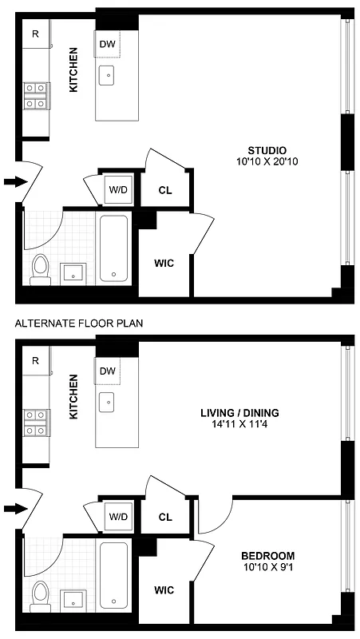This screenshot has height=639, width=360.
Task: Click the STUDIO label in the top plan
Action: point(267,150)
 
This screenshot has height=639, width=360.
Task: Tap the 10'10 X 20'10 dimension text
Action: point(267,161)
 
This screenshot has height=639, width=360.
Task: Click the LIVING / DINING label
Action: point(239,413)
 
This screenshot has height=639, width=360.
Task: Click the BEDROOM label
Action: point(267,556)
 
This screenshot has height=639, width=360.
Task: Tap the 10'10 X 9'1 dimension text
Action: point(267,568)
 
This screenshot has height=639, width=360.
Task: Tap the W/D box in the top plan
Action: point(118,190)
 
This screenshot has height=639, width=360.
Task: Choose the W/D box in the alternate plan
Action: point(118,516)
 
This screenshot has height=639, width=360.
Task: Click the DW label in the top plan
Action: point(107,44)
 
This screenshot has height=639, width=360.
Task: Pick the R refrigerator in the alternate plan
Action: point(35,360)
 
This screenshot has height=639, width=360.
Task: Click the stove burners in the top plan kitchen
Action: point(35,95)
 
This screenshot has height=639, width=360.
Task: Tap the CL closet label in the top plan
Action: point(165,190)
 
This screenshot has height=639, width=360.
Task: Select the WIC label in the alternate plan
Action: point(164,589)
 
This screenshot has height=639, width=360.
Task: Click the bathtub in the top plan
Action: point(114,248)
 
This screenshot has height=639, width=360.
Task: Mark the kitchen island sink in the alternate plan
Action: point(107,402)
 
